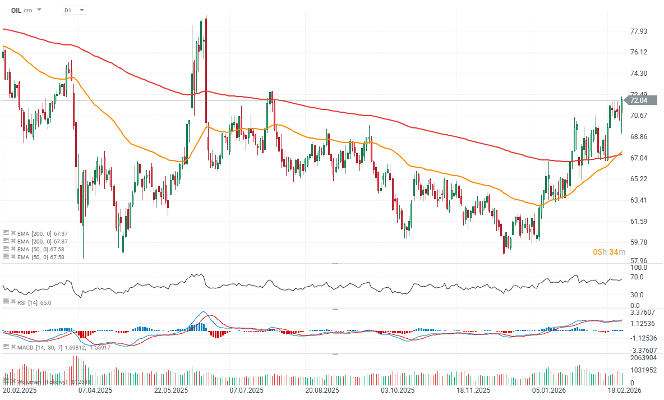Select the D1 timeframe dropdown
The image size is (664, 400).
(x=73, y=10)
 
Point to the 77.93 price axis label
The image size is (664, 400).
(x=639, y=31)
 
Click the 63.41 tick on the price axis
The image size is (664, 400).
(x=639, y=200)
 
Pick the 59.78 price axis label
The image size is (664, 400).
(x=639, y=242)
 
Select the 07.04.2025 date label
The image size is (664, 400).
(x=95, y=390)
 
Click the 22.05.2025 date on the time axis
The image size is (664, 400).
(x=170, y=390)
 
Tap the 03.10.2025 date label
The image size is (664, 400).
(x=398, y=390)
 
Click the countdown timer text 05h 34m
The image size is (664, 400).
(x=608, y=252)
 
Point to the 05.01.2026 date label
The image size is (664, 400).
(x=547, y=390)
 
